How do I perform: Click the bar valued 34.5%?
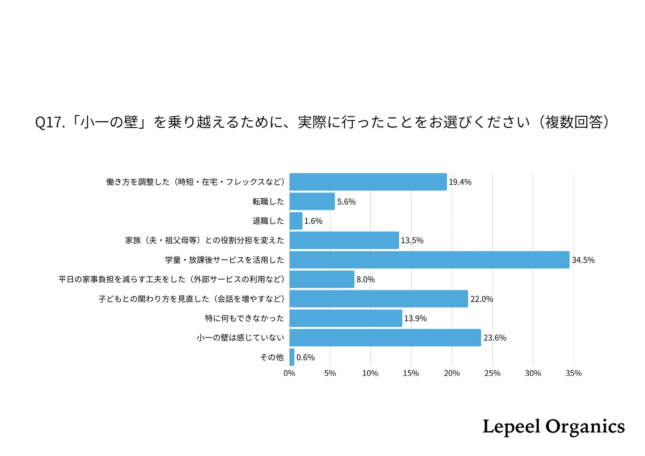click(429, 260)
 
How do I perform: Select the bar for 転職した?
click(312, 201)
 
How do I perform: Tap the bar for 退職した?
click(296, 221)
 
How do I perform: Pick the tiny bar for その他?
click(292, 357)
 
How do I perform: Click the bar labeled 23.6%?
click(385, 337)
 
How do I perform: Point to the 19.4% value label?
click(460, 182)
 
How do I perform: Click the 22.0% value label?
click(481, 299)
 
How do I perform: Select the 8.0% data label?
click(365, 279)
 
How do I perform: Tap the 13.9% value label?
click(415, 318)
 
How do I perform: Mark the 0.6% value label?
click(305, 357)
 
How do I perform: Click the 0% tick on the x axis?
click(289, 373)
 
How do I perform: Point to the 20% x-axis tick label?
click(452, 373)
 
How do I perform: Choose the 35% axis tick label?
click(573, 373)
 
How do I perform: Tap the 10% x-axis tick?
click(370, 373)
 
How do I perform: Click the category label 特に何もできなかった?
click(244, 318)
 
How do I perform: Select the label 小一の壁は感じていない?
click(240, 337)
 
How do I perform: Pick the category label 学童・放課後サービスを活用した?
click(224, 260)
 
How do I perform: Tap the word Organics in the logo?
click(585, 427)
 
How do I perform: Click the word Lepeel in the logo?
click(511, 427)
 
